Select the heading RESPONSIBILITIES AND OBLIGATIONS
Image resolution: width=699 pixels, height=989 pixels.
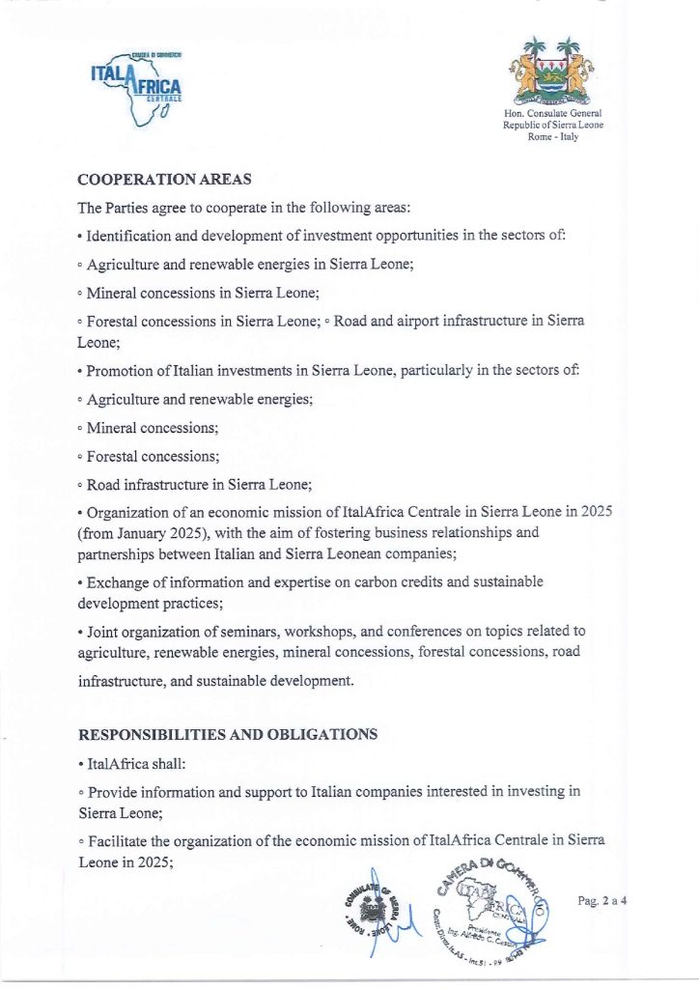click(227, 734)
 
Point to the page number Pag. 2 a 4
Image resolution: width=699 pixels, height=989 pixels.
click(602, 901)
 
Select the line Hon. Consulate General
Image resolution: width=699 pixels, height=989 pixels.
click(553, 115)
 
